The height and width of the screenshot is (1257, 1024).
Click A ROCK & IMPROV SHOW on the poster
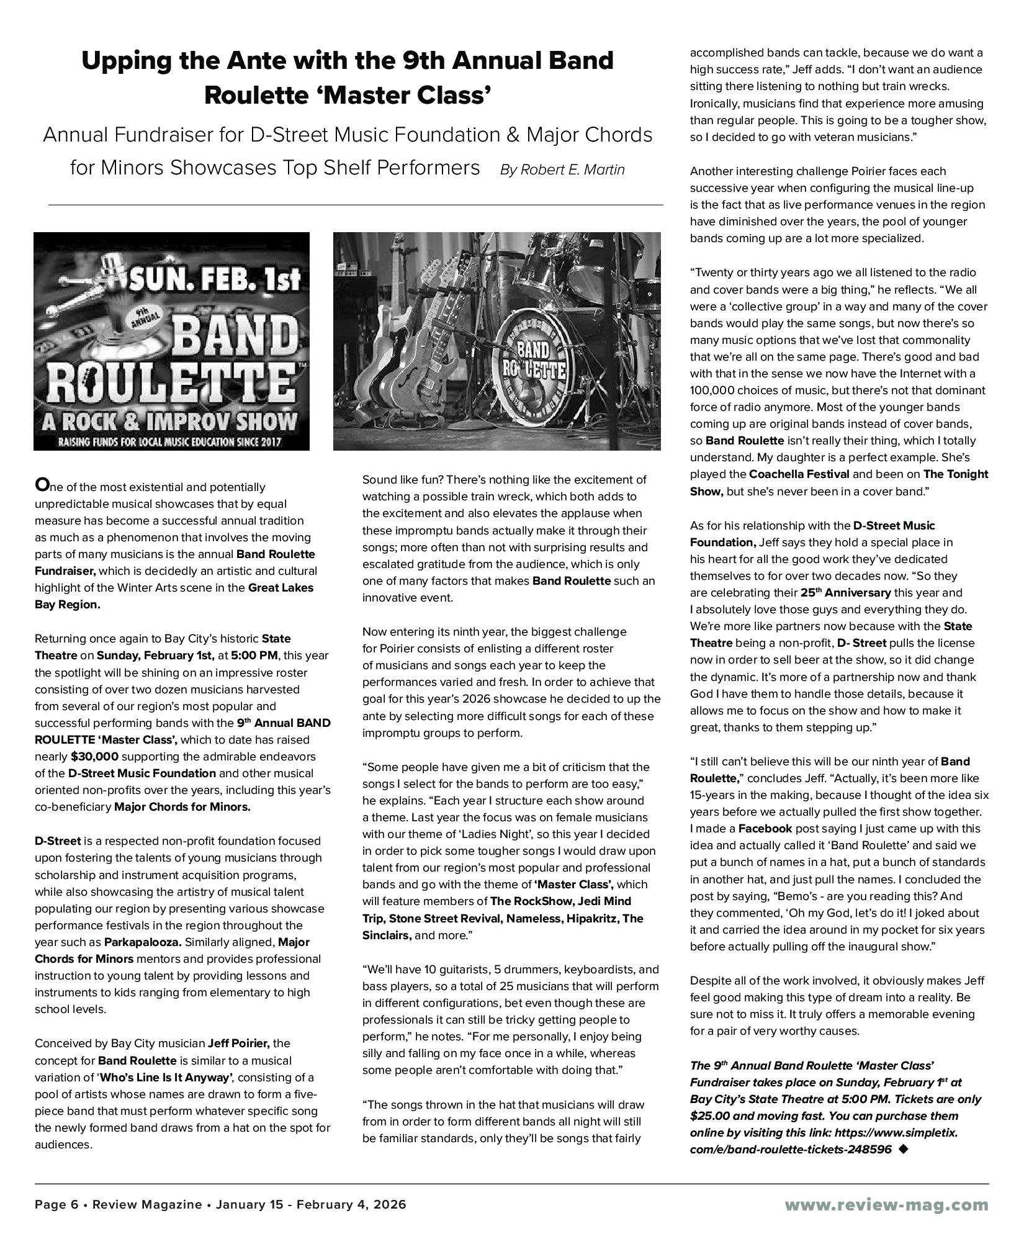coord(169,422)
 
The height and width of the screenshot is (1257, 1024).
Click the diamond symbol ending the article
coord(902,1149)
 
